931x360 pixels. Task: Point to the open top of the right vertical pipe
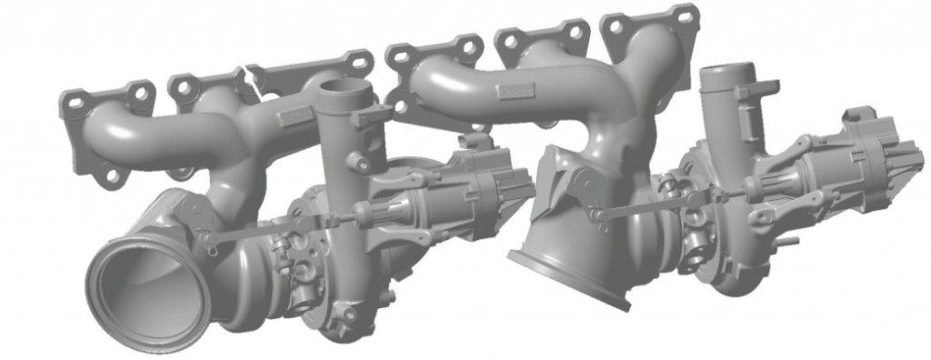tap(728, 72)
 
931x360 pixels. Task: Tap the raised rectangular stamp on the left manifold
tap(295, 116)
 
